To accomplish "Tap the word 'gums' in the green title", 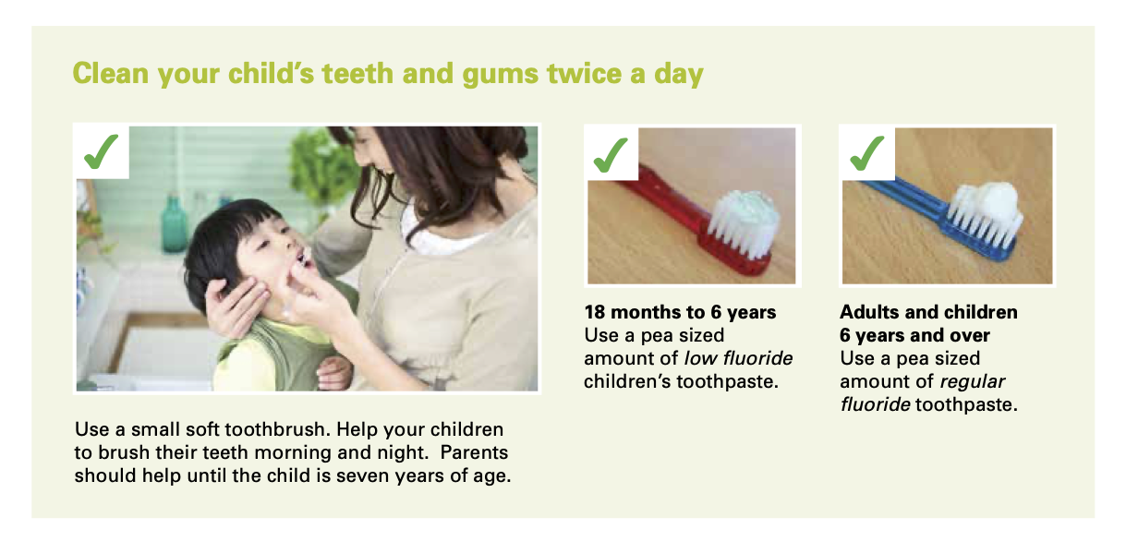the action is pos(500,76).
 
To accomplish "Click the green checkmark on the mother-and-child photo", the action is pos(101,151).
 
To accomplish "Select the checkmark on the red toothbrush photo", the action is pos(611,155).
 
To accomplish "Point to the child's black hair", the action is pos(226,241).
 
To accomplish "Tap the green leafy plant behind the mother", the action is pos(321,166).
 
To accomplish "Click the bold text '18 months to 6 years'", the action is pos(680,312).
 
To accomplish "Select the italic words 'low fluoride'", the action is pos(738,358).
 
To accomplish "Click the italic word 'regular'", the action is pos(972,382).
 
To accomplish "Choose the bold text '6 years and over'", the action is pos(914,335).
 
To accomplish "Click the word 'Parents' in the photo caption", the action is pos(474,452).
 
